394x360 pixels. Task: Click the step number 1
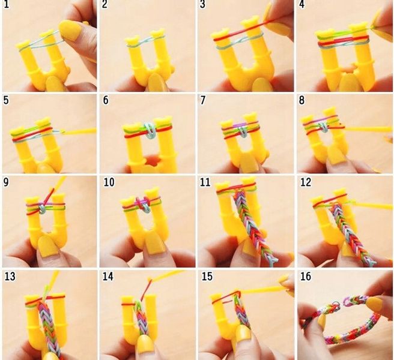[x=6, y=5]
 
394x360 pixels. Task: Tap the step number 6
[x=106, y=100]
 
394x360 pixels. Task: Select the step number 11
[x=205, y=182]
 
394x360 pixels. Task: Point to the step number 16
[x=306, y=277]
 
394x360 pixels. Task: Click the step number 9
[x=6, y=182]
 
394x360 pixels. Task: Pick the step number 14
[x=108, y=277]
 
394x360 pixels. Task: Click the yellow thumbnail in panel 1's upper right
[x=70, y=29]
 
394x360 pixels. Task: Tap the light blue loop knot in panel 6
[x=150, y=131]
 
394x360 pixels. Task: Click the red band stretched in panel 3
[x=241, y=31]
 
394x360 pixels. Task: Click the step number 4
[x=302, y=5]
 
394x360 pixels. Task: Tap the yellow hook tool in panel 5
[x=78, y=131]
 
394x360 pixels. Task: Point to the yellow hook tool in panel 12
[x=372, y=205]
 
